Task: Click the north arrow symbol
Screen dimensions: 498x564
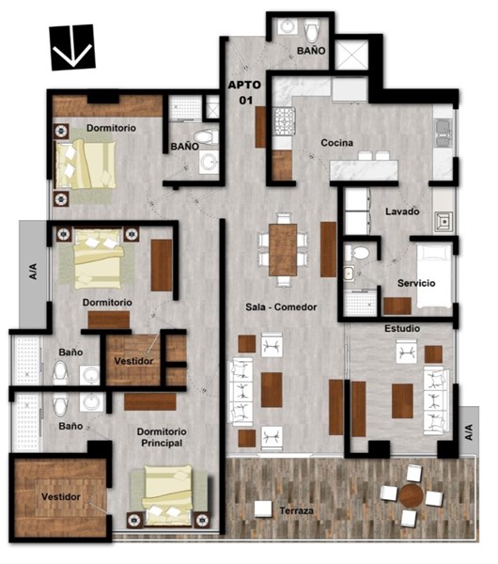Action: (72, 47)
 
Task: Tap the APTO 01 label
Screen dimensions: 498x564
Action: (245, 92)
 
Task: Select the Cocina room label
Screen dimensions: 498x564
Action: (337, 143)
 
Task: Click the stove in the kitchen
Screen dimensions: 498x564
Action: (285, 121)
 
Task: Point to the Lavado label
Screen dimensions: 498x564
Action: (402, 211)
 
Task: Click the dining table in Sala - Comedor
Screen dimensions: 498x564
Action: (283, 250)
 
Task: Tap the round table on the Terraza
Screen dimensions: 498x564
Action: (411, 495)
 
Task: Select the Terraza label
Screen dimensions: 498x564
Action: (297, 510)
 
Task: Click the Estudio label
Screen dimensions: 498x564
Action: (402, 328)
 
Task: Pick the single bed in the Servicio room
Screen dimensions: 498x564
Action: (434, 275)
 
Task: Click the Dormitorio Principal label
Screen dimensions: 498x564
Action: (162, 437)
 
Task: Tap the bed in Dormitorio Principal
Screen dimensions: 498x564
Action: (167, 495)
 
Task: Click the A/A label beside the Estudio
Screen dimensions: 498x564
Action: (469, 432)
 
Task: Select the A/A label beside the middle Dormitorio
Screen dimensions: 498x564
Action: (33, 272)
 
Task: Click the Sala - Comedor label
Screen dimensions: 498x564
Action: (281, 307)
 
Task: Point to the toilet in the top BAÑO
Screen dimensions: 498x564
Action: (312, 30)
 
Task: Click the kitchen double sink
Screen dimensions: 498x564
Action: (444, 133)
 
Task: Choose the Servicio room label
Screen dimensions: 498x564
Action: (416, 283)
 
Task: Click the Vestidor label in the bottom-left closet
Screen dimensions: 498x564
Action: (61, 496)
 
